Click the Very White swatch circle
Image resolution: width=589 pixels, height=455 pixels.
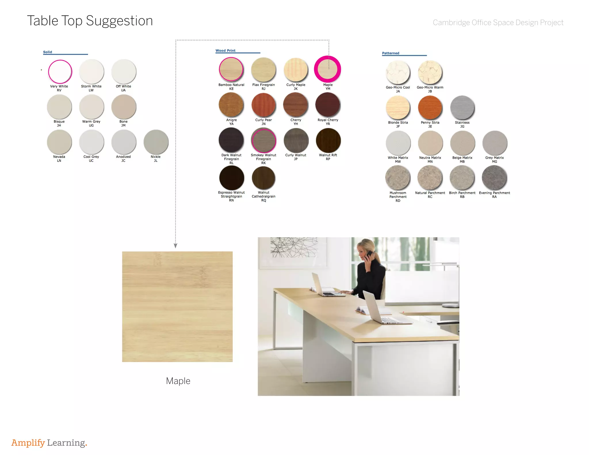[60, 72]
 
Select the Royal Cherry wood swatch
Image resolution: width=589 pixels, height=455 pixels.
[328, 105]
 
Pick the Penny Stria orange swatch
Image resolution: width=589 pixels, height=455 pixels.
[430, 107]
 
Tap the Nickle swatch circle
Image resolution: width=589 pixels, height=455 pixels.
[156, 142]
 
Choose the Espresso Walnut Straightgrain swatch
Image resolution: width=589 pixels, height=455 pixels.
[232, 178]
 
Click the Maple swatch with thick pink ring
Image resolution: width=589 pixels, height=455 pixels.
[328, 69]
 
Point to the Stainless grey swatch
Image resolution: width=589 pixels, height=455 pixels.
[462, 107]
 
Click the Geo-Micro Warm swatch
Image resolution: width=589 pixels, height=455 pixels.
[430, 72]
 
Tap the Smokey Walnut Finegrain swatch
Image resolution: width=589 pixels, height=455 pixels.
[263, 141]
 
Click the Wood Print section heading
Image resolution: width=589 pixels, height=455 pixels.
[225, 51]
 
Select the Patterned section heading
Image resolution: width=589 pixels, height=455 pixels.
[391, 53]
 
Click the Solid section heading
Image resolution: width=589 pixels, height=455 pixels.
[47, 52]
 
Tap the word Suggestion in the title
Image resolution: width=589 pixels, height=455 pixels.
[119, 21]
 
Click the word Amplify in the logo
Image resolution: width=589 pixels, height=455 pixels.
[28, 443]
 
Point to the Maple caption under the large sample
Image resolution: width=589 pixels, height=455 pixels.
[178, 381]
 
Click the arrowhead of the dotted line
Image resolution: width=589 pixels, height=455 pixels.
[175, 246]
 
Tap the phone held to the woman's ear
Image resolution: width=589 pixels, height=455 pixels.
[368, 255]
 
